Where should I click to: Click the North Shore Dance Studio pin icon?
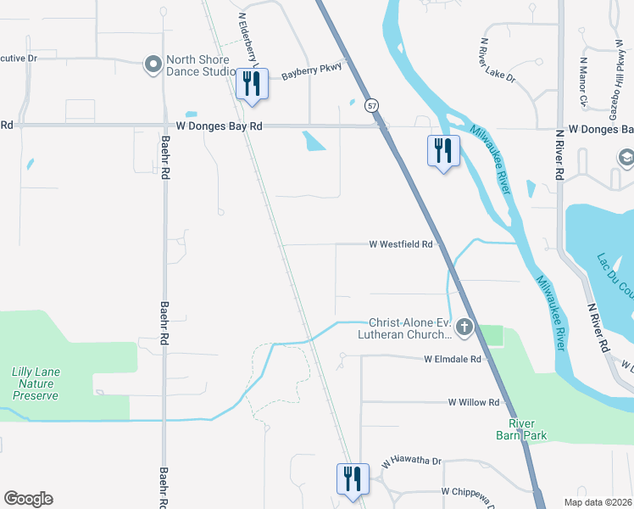tap(153, 64)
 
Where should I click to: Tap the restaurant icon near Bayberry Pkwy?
tap(251, 84)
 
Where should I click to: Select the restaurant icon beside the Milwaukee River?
tap(442, 151)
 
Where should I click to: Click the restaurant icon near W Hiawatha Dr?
tap(351, 479)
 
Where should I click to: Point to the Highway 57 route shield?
tap(371, 105)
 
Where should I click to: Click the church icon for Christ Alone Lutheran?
tap(464, 327)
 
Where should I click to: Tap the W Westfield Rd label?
tap(401, 244)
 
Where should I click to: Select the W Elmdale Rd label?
tap(453, 360)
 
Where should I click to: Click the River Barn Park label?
tap(528, 429)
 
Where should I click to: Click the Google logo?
tap(28, 499)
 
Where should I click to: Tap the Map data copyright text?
tap(598, 502)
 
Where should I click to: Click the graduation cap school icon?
tap(626, 158)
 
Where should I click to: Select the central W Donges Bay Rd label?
tap(220, 126)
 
